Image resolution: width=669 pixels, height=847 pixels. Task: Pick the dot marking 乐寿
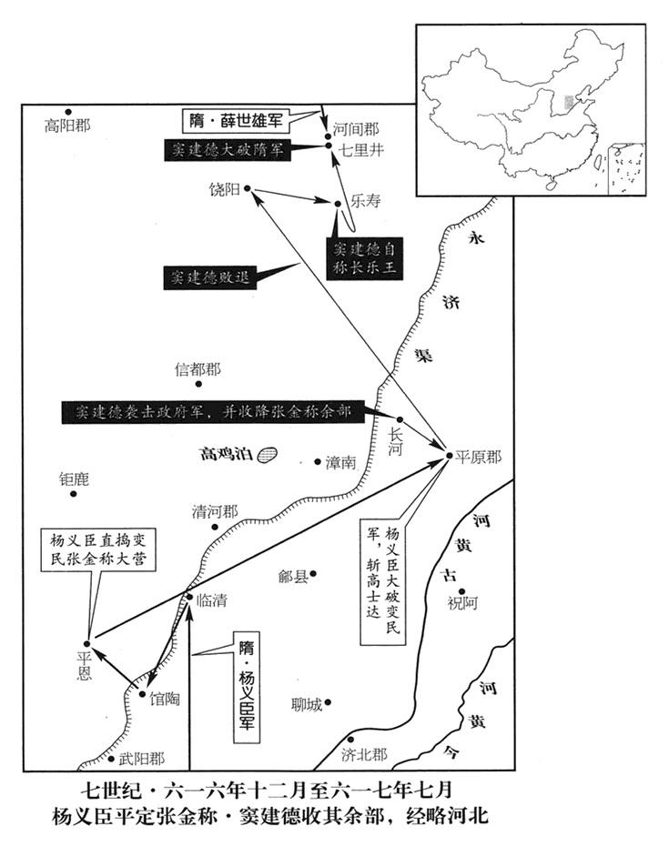338,204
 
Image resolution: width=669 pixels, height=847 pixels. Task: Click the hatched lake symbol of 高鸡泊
267,453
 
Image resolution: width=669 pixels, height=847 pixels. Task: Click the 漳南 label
340,462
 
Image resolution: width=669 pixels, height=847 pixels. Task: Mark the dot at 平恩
88,641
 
